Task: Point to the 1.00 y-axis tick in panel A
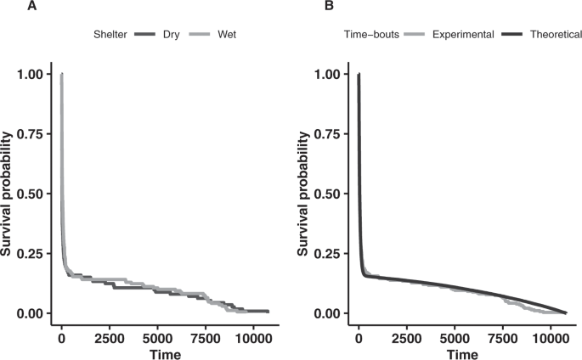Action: [33, 75]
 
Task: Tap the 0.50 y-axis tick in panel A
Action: [33, 194]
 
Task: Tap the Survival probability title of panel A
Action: [8, 194]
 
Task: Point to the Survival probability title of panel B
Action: [306, 194]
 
